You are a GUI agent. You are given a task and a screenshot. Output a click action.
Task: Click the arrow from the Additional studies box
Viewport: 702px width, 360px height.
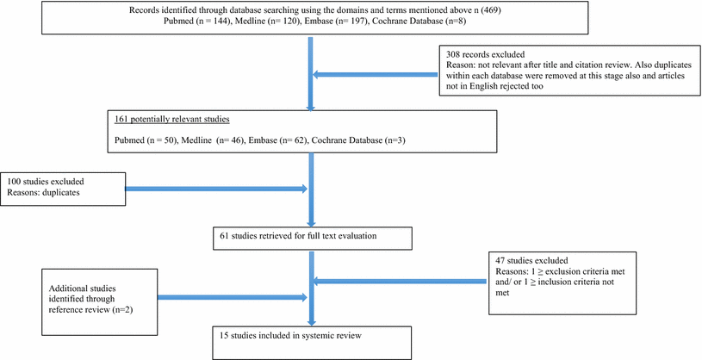(233, 298)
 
